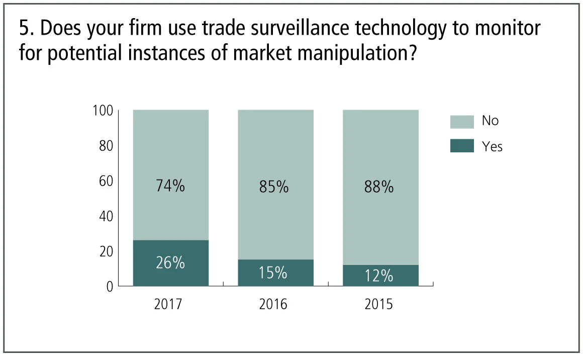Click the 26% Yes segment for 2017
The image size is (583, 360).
click(x=170, y=263)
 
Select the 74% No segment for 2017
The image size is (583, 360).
click(x=170, y=174)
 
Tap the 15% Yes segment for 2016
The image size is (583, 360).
click(x=275, y=273)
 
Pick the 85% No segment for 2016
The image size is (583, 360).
click(x=275, y=184)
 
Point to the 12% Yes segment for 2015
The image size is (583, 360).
click(x=380, y=276)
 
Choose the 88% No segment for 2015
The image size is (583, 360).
click(x=380, y=187)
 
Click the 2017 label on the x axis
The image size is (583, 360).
click(x=170, y=305)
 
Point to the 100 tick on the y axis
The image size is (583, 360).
click(x=104, y=110)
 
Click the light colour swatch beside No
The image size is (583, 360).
click(x=462, y=122)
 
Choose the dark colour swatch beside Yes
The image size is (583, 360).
click(x=462, y=146)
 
